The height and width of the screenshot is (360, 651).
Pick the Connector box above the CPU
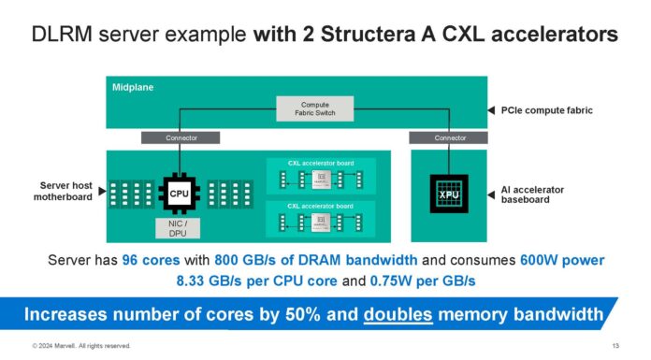[181, 137]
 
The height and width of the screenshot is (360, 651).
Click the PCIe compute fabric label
[543, 109]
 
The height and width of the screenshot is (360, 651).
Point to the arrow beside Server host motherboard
[100, 191]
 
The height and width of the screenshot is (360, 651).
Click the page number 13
[615, 346]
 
